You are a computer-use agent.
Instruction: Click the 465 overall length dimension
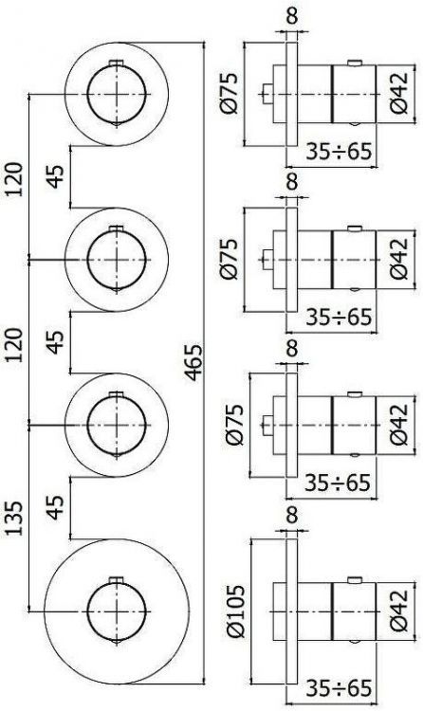193,362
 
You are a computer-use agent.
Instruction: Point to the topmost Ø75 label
229,94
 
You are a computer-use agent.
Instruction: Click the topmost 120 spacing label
13,179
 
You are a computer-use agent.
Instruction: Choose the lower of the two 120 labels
13,345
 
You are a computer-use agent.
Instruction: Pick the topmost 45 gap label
56,177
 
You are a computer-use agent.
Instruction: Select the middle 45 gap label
56,342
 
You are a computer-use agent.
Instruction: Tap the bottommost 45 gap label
56,508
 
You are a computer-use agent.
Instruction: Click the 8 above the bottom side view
292,515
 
